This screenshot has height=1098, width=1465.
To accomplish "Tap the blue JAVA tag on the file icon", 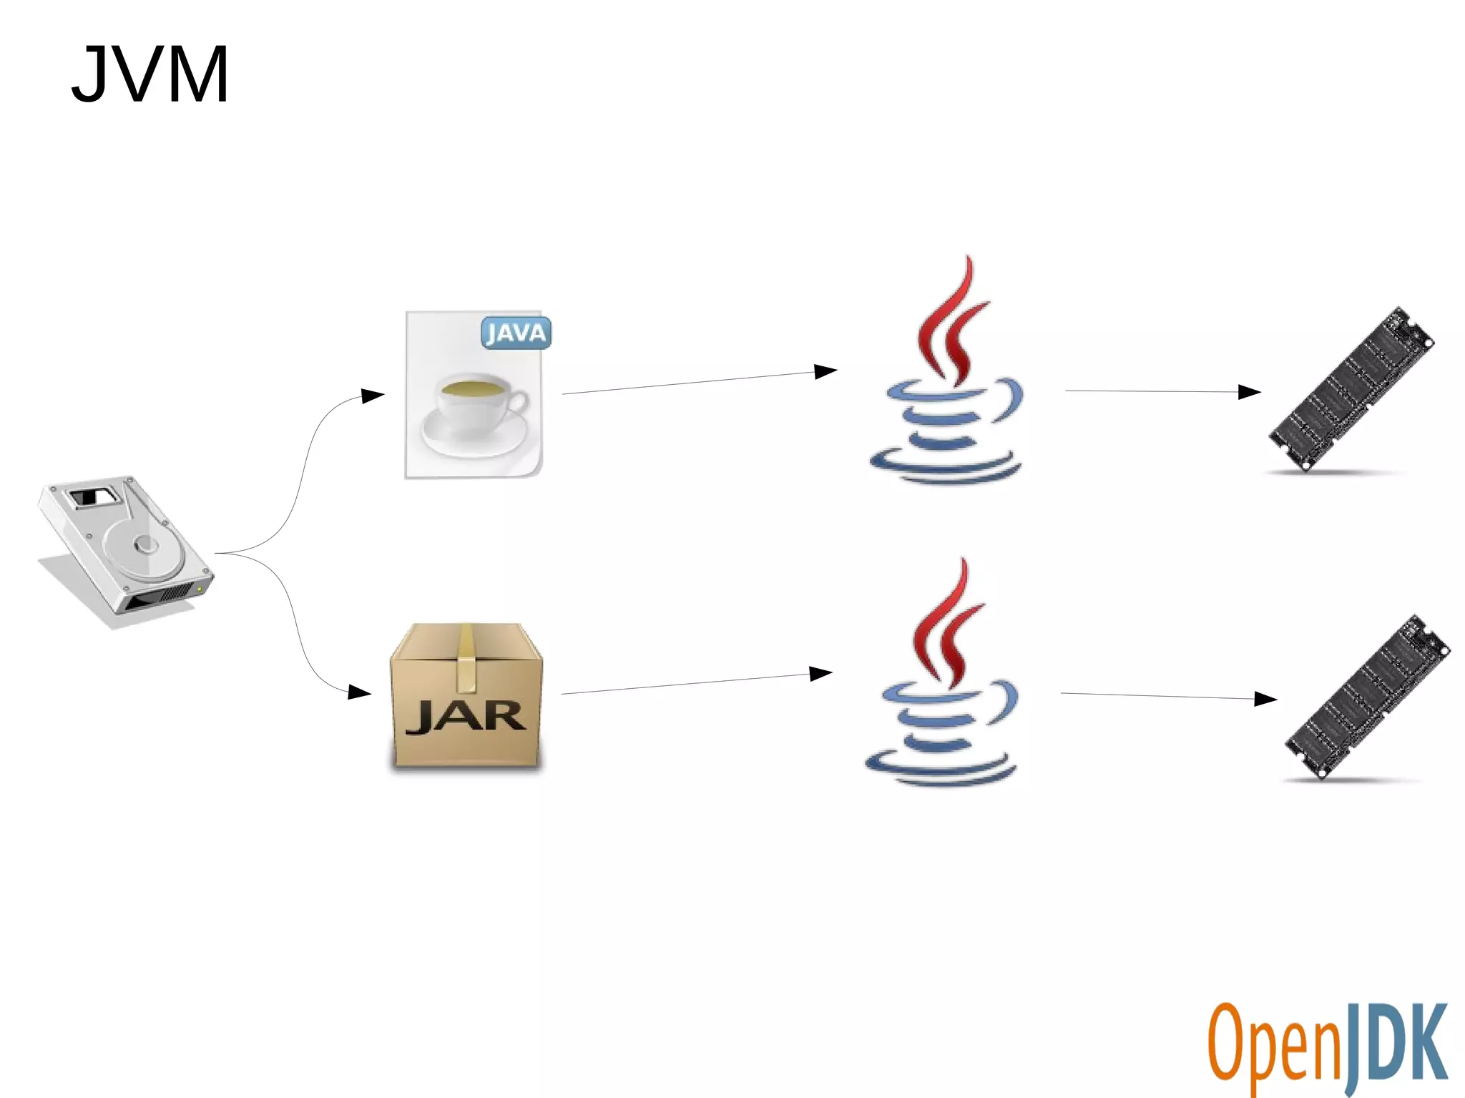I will coord(516,333).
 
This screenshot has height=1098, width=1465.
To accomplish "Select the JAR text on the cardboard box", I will coord(466,716).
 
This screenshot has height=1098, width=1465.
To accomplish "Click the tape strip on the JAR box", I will coord(466,658).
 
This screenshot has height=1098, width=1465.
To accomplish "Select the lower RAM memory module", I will coord(1366,697).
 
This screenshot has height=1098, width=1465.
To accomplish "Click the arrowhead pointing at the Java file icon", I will coord(373,396).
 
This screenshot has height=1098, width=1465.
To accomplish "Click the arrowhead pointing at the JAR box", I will coord(359,692).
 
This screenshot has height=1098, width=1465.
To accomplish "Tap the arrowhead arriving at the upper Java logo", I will coord(825,371).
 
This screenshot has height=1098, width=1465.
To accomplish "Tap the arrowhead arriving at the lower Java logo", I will coord(820,674).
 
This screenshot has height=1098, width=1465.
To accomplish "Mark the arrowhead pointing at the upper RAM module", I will coord(1249,392).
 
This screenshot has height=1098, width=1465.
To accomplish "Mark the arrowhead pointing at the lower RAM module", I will coord(1265,699).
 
